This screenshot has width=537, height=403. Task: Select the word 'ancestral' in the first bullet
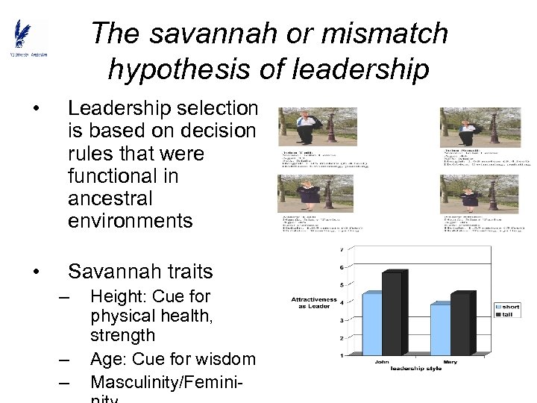(x=110, y=199)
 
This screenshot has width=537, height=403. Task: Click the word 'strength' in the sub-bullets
(x=123, y=336)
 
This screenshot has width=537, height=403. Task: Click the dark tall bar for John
(x=392, y=313)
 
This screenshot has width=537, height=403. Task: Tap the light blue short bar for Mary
(x=440, y=329)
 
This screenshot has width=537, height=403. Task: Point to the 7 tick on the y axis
(x=342, y=249)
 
